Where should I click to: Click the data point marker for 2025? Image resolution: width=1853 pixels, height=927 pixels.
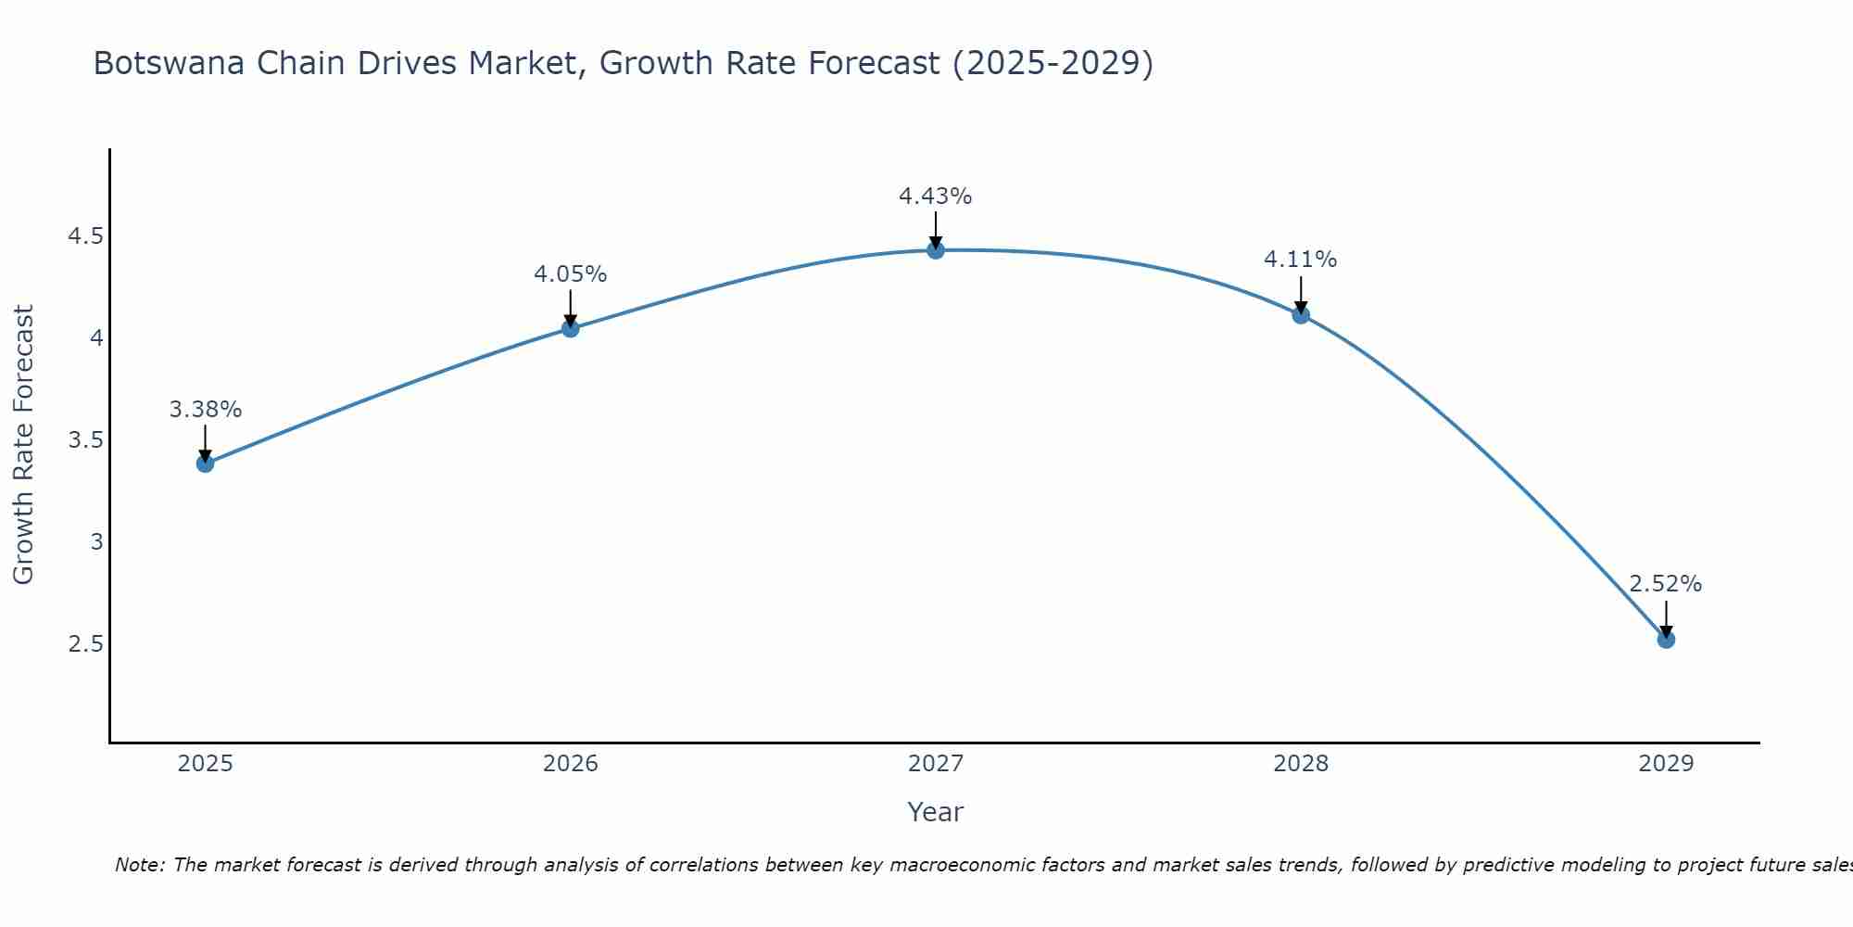(x=205, y=463)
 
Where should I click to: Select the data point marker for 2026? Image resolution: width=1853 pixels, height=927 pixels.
(x=570, y=328)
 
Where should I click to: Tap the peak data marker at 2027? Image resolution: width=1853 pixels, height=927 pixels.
(x=935, y=250)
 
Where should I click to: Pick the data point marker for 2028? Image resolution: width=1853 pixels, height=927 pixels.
(x=1300, y=315)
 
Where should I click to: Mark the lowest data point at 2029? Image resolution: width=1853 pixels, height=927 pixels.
(x=1665, y=640)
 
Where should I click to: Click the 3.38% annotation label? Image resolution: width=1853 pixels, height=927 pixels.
(x=205, y=410)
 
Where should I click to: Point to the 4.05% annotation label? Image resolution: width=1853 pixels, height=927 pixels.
(x=570, y=274)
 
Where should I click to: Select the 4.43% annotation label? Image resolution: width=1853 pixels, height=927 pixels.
(x=935, y=197)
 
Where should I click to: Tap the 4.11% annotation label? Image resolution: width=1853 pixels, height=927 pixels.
(x=1300, y=260)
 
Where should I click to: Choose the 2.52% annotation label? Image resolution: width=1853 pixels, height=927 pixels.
(x=1665, y=584)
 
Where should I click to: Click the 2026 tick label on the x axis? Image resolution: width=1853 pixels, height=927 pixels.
(x=570, y=764)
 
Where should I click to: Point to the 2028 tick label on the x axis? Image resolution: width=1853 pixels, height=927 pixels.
(x=1300, y=764)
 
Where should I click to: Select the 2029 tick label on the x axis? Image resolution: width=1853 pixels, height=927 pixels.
(x=1665, y=764)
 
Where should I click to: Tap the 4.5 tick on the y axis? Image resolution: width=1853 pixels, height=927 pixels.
(x=84, y=236)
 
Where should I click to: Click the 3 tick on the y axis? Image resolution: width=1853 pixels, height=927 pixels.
(x=96, y=541)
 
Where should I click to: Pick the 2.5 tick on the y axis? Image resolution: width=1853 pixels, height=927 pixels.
(x=84, y=643)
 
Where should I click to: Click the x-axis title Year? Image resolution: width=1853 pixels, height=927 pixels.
(x=935, y=812)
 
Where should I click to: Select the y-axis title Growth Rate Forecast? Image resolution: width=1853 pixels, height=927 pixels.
(x=23, y=445)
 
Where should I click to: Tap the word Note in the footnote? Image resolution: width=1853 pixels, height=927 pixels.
(x=139, y=865)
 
